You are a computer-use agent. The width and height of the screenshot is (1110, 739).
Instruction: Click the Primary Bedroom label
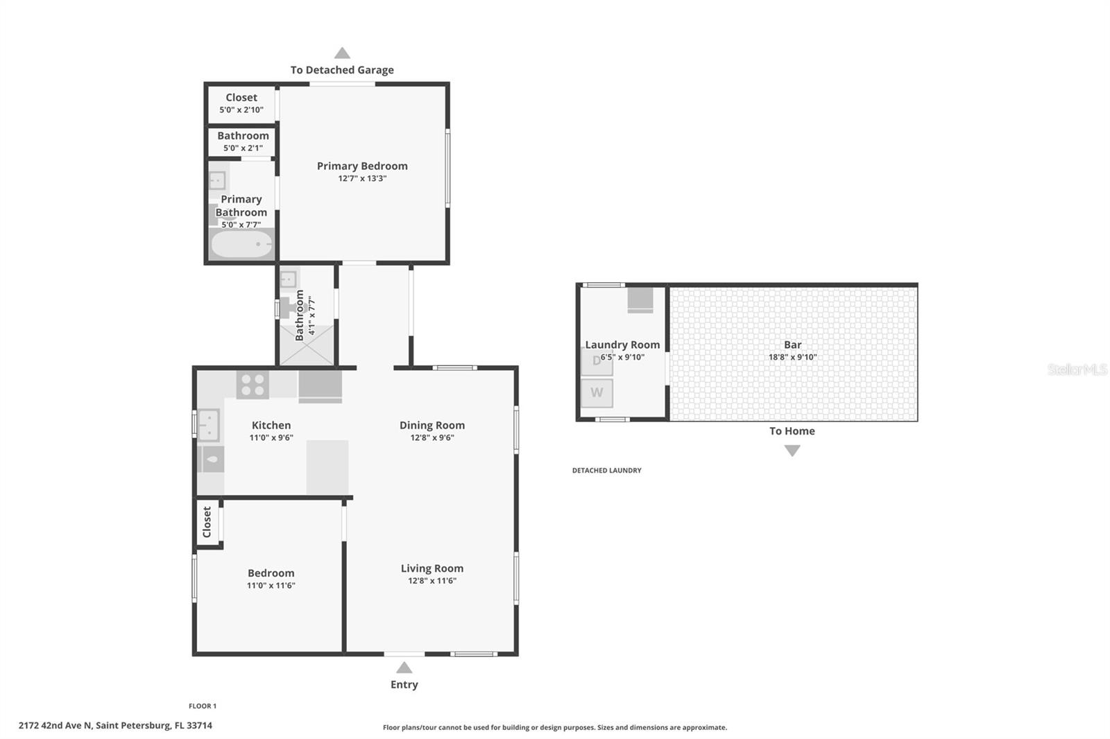pyautogui.click(x=362, y=166)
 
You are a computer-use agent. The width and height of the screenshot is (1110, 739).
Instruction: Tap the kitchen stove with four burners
pyautogui.click(x=253, y=385)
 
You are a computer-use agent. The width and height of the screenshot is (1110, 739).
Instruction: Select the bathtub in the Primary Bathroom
pyautogui.click(x=242, y=244)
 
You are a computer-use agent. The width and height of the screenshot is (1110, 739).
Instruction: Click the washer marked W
pyautogui.click(x=597, y=393)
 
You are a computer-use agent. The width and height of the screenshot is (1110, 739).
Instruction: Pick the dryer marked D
pyautogui.click(x=596, y=361)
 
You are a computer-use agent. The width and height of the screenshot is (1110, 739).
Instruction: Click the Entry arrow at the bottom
pyautogui.click(x=404, y=668)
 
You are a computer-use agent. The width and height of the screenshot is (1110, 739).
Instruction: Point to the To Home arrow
pyautogui.click(x=792, y=451)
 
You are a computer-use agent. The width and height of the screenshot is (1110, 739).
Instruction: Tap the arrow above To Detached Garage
pyautogui.click(x=342, y=53)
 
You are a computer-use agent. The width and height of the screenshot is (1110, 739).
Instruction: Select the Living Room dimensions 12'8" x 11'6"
pyautogui.click(x=432, y=581)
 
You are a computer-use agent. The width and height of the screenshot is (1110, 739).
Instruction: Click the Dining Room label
pyautogui.click(x=432, y=425)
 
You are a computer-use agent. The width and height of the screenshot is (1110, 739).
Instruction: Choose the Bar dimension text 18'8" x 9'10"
pyautogui.click(x=792, y=357)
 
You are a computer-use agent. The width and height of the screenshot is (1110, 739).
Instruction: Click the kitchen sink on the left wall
pyautogui.click(x=208, y=425)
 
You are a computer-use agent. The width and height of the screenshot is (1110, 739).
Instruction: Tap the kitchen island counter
pyautogui.click(x=327, y=467)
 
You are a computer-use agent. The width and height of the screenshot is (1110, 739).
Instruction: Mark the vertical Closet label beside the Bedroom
pyautogui.click(x=207, y=522)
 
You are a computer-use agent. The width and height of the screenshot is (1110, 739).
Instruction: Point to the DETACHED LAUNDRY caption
pyautogui.click(x=606, y=470)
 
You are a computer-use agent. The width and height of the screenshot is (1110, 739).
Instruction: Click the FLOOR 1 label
pyautogui.click(x=203, y=706)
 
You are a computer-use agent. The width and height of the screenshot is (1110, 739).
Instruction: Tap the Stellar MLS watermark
pyautogui.click(x=1076, y=369)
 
